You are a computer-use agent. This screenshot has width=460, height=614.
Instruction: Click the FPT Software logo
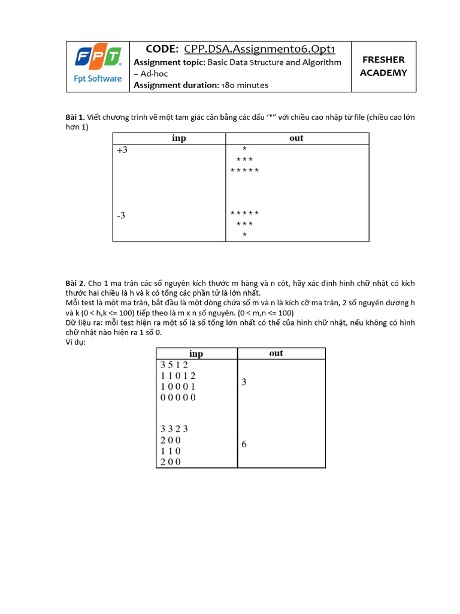tap(98, 65)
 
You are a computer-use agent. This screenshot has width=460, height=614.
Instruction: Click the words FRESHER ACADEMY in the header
tap(383, 66)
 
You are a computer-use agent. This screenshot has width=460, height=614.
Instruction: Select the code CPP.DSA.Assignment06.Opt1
tap(269, 49)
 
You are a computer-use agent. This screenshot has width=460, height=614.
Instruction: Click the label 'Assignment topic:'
tap(170, 62)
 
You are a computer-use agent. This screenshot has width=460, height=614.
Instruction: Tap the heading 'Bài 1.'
tap(75, 117)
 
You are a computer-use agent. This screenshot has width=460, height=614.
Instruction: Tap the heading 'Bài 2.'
tap(75, 283)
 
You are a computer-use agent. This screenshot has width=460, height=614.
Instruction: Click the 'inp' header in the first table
tap(178, 139)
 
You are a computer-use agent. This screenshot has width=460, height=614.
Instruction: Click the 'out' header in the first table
tap(296, 139)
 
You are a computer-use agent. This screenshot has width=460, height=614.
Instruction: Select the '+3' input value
tap(122, 151)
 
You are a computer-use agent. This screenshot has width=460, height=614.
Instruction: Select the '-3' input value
tap(121, 215)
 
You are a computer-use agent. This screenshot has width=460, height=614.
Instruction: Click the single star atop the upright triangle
tap(244, 149)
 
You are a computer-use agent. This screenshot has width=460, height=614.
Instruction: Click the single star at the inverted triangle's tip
tap(244, 235)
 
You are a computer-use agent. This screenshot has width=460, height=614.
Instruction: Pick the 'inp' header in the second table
tap(196, 354)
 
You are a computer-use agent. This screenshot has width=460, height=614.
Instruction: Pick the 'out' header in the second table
tap(276, 353)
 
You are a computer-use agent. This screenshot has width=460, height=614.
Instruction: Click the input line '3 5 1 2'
tap(174, 365)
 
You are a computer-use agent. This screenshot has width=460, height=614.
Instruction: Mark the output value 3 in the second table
tap(244, 382)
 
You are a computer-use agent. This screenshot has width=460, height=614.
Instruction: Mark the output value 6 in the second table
tap(244, 445)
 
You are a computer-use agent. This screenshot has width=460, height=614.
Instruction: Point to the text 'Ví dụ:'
tap(75, 342)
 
